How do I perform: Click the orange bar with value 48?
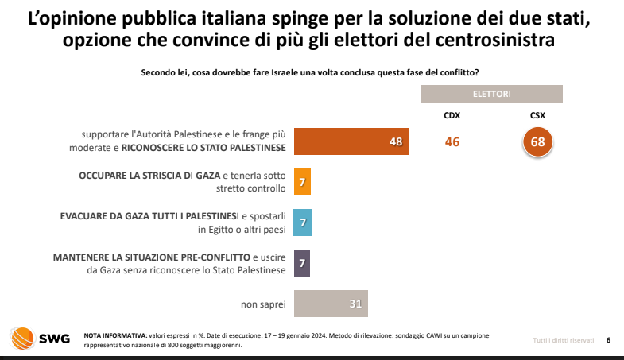tap(351, 141)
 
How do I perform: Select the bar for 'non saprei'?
tap(331, 304)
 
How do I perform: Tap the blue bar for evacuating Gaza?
tap(301, 222)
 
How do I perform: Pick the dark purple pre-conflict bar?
tap(301, 263)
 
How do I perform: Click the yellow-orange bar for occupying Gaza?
tap(301, 182)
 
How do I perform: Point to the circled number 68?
tap(537, 141)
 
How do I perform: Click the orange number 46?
tap(452, 141)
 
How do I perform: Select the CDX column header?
tap(452, 114)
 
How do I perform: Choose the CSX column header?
tap(537, 114)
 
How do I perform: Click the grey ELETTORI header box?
tap(491, 94)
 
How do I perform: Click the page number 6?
tap(608, 340)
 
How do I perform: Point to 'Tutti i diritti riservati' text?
tap(563, 340)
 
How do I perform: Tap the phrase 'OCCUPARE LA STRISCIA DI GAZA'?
tap(149, 175)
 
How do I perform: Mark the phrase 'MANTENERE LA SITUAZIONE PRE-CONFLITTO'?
tap(151, 257)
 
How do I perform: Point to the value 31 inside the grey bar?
tap(355, 304)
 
